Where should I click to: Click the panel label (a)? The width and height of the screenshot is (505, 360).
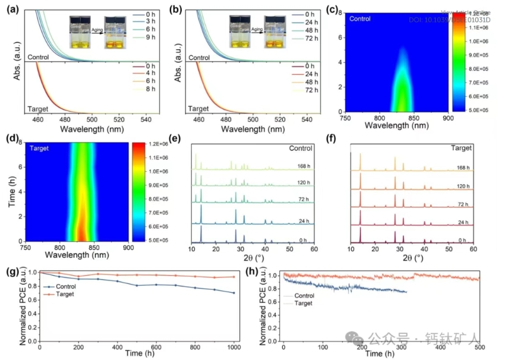point(12,9)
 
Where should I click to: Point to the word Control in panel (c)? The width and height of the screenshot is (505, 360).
point(361,19)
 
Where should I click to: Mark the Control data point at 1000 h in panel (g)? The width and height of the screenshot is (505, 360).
point(234,293)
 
